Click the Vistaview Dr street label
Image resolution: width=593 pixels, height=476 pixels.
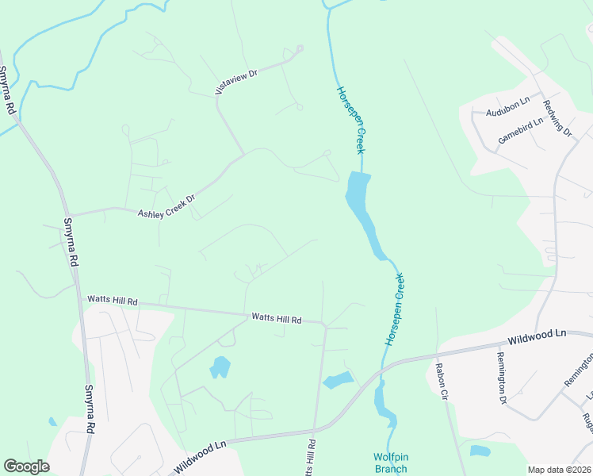(238, 82)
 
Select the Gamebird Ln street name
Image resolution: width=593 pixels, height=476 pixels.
(520, 130)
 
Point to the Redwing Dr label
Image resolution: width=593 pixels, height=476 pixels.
(558, 117)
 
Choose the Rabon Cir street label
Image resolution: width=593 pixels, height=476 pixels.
(442, 382)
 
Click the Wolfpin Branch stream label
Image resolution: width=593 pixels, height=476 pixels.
(390, 463)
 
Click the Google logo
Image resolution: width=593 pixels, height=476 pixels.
(26, 466)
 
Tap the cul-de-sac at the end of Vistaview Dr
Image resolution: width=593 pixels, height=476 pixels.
(299, 49)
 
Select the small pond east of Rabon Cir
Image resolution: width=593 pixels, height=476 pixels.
(480, 451)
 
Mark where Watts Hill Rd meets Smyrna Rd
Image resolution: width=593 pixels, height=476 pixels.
(82, 299)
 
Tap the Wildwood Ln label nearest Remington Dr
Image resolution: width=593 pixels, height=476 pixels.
(538, 337)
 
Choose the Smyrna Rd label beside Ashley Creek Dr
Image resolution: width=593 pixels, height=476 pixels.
(71, 241)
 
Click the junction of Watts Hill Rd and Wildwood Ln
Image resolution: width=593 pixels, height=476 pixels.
(316, 432)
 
